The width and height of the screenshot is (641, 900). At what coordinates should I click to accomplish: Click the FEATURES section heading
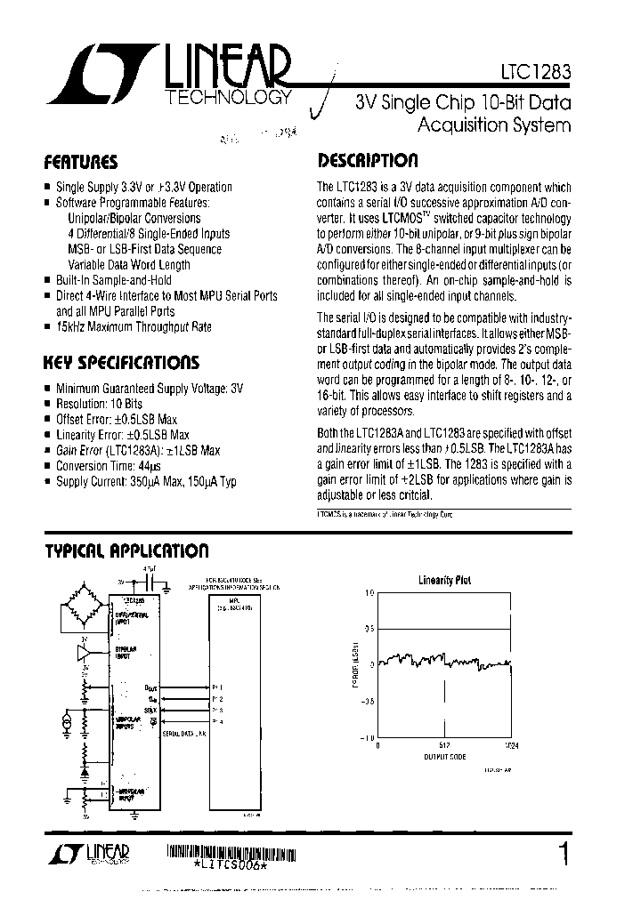coord(81,162)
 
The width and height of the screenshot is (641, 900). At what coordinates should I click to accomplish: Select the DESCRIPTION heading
coord(368,161)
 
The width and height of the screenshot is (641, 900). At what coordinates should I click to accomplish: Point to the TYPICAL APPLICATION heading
coord(126,550)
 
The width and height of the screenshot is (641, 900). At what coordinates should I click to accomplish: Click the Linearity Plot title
coord(445,580)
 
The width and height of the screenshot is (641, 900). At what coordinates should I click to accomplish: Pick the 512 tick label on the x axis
coord(445,746)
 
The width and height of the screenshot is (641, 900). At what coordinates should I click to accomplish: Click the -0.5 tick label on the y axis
coord(368,701)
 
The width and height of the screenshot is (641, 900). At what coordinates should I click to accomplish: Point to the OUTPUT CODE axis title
coord(444,758)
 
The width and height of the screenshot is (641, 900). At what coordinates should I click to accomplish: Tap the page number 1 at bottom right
coord(563,855)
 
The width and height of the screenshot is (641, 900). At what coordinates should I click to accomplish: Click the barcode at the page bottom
coord(232,851)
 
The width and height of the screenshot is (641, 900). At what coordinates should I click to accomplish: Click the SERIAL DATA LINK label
coord(183,733)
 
